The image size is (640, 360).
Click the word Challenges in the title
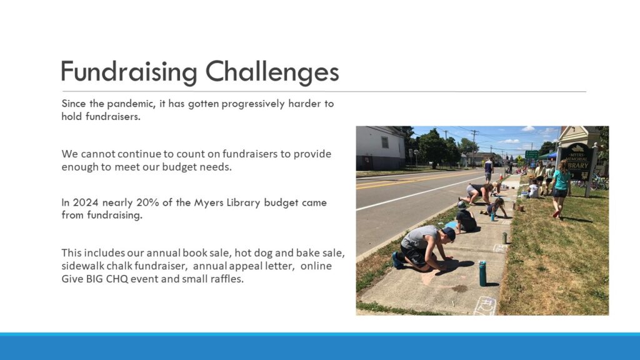[x=272, y=72]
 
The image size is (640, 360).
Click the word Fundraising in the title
[x=129, y=72]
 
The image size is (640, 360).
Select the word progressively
[x=253, y=104]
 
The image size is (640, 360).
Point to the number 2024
[x=86, y=202]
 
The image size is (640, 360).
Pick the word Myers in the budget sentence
[x=207, y=203]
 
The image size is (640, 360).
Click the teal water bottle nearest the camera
[x=482, y=273]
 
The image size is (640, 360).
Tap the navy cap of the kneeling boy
[x=449, y=233]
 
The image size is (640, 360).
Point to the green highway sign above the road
[x=531, y=154]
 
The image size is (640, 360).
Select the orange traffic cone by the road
[x=501, y=177]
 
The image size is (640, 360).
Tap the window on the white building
[x=384, y=142]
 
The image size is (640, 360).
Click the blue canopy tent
[x=548, y=156]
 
